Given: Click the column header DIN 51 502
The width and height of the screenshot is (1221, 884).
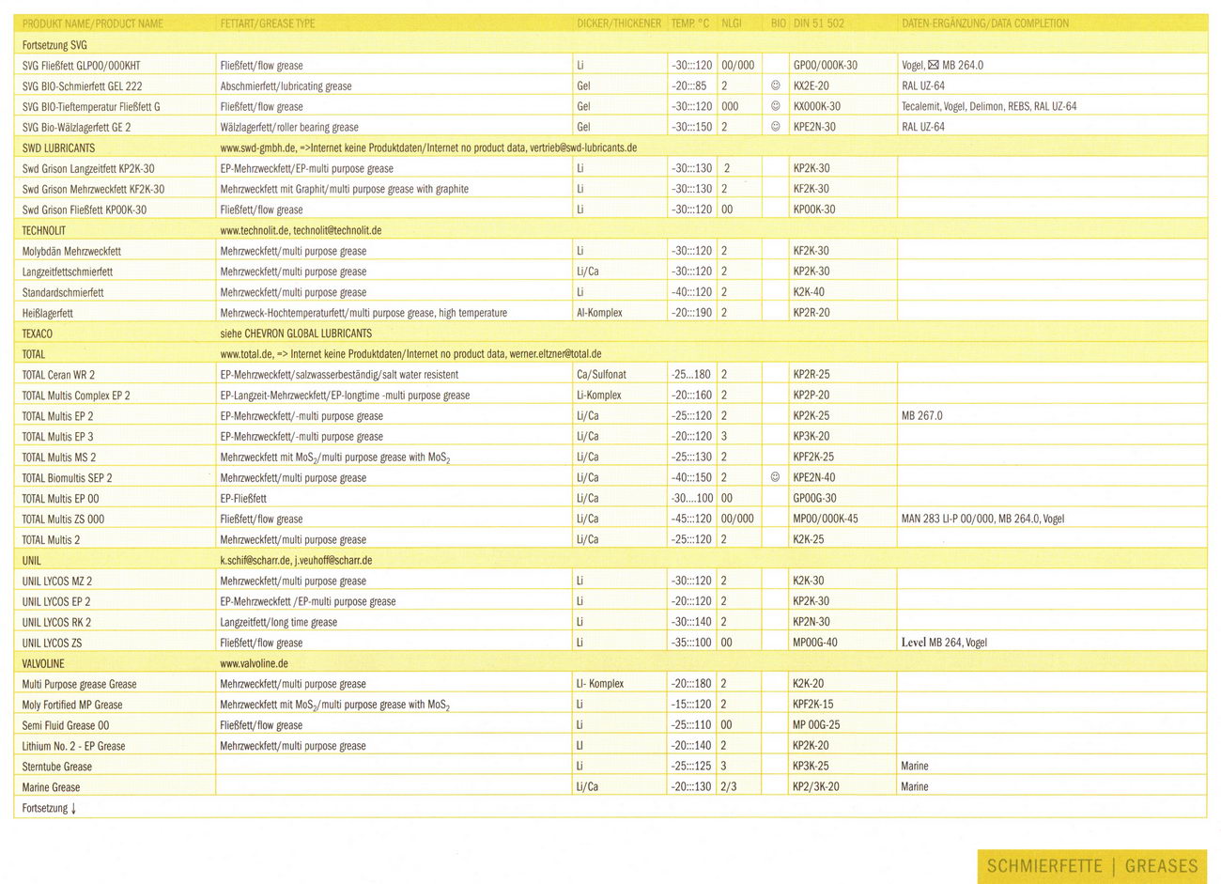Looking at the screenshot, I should (x=818, y=23).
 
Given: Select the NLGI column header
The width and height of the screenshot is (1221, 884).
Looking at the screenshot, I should (x=731, y=23).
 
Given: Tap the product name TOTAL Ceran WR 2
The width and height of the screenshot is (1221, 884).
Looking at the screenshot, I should (x=58, y=375).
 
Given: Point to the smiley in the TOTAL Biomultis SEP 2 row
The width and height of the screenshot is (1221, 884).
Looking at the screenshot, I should (x=775, y=477).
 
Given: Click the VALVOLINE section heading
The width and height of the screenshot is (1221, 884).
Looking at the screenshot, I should (x=43, y=663).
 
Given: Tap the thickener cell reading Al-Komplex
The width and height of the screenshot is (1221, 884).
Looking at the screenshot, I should (x=599, y=313).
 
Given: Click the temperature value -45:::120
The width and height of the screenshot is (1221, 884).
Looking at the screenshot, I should (x=691, y=519).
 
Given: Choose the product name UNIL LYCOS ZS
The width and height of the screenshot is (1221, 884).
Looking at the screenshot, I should (x=52, y=643).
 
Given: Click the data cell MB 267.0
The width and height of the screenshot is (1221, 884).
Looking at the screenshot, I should (x=921, y=415).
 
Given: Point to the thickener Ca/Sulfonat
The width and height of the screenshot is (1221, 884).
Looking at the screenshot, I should (x=601, y=375).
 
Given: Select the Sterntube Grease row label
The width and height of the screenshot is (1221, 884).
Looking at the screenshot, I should (x=57, y=767).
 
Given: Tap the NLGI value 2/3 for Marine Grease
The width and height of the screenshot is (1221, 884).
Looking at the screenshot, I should (x=728, y=787).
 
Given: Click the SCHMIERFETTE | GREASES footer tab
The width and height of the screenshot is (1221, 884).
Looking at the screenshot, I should (x=1091, y=866).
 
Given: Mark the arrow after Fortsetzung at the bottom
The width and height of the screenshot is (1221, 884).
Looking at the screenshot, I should (x=73, y=808).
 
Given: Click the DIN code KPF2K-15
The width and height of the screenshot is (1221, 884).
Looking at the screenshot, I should (x=812, y=705).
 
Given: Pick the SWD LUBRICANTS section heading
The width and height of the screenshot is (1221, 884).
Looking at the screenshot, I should (x=58, y=147).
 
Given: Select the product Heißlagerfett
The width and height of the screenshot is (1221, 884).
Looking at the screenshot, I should (x=48, y=313).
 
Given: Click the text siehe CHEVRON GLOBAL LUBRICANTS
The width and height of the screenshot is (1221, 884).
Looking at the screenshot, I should (x=296, y=333).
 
